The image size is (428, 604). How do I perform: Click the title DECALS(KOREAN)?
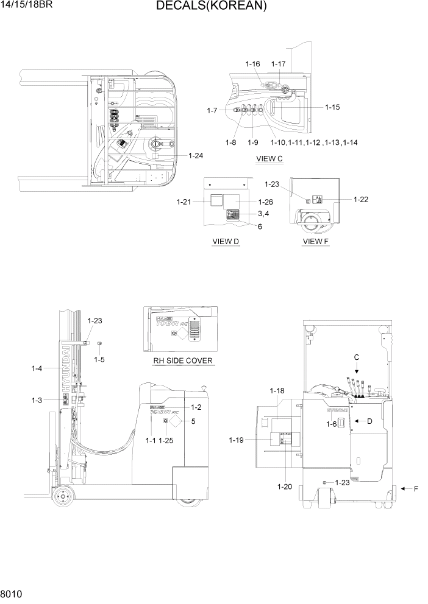tap(211, 7)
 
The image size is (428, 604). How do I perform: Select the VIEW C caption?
tap(269, 160)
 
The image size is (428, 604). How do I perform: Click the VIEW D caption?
tap(225, 242)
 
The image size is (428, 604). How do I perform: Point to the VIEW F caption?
tap(315, 242)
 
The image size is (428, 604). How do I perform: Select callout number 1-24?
tap(195, 156)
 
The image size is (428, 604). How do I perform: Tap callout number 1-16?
tap(252, 64)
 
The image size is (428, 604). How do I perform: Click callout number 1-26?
tap(265, 202)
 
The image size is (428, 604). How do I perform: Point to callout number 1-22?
tap(360, 199)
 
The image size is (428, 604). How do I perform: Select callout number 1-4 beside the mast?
tap(37, 368)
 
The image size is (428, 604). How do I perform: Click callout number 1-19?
tap(238, 440)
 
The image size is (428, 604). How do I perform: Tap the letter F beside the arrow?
tap(416, 489)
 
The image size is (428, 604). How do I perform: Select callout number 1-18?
tap(277, 390)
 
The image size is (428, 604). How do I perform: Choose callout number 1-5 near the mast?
tap(99, 359)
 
